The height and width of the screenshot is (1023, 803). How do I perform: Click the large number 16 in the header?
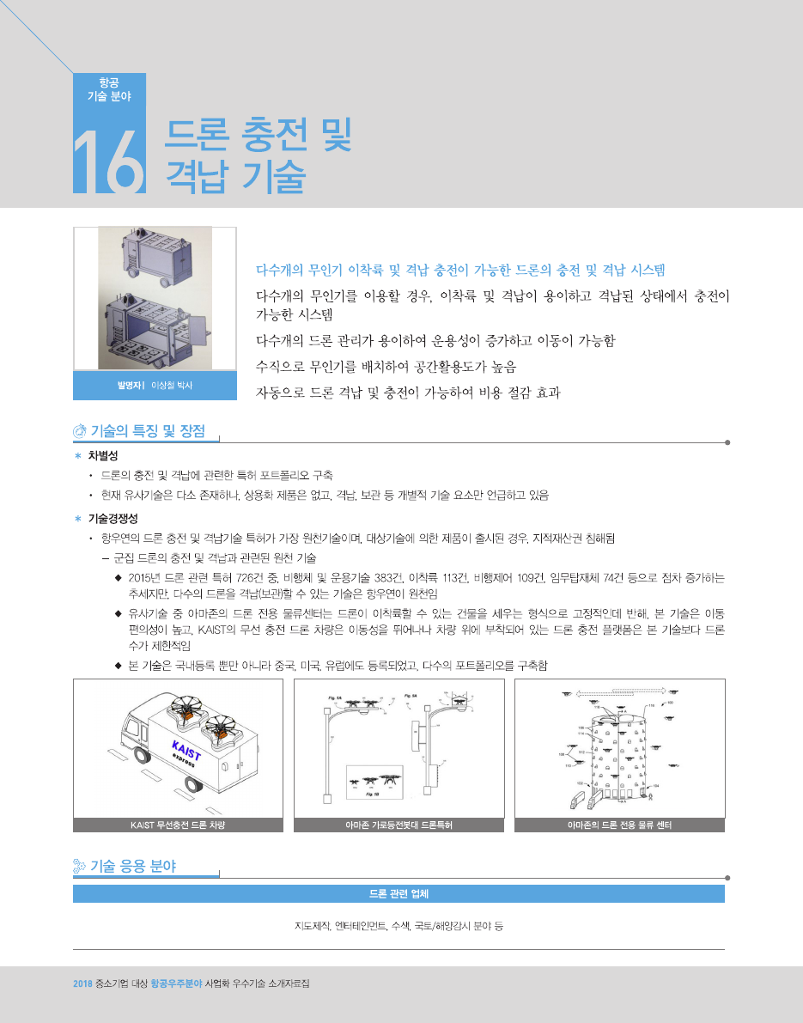[109, 161]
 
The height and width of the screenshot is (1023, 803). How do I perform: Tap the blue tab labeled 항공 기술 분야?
[110, 89]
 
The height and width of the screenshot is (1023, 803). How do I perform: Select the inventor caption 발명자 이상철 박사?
[155, 386]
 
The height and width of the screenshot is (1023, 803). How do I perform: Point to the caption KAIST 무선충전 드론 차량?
[178, 825]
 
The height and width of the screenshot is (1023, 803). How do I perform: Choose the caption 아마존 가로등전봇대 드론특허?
[398, 825]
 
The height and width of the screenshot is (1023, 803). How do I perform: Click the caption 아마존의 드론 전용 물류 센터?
[620, 825]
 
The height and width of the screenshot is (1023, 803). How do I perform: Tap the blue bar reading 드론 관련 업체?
[398, 894]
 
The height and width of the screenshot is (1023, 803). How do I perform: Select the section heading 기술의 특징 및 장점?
[148, 430]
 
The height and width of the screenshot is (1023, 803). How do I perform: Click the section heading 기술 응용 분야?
[133, 867]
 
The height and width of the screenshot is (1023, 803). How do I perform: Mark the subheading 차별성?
[103, 455]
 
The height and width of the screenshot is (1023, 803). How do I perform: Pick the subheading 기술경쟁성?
[113, 519]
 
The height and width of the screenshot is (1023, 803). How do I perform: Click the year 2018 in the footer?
[82, 983]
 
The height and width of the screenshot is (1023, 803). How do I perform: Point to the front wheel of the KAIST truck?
[143, 756]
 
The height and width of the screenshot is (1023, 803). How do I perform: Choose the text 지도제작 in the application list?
[312, 927]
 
